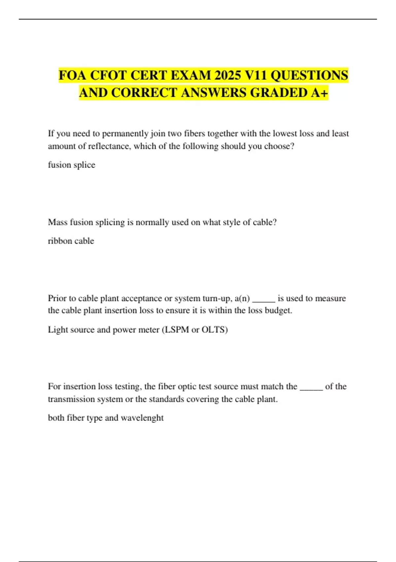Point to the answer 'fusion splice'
72,165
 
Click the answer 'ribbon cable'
71,241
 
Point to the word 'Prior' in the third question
57,298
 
